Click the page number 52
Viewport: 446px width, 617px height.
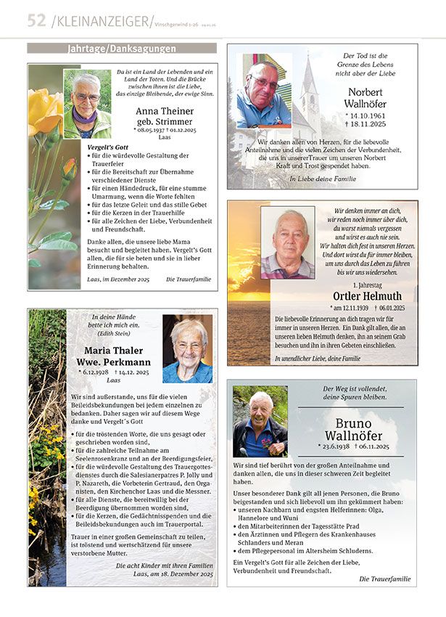[36, 20]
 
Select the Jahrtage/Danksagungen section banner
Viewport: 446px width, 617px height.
[121, 49]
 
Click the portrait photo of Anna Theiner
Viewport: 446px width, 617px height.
[88, 103]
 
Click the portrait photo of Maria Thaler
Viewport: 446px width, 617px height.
[188, 349]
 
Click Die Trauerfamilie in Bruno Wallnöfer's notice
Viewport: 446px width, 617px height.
[384, 579]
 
